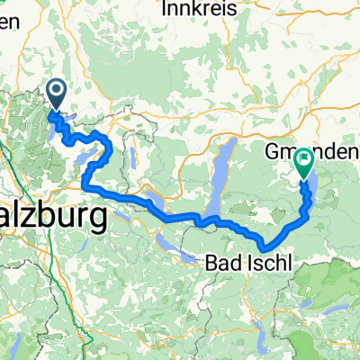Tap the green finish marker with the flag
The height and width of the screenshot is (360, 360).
point(302,161)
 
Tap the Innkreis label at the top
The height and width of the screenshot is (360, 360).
point(199,7)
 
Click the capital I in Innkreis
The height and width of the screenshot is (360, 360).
point(166,7)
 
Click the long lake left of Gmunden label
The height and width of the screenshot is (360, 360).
point(219,175)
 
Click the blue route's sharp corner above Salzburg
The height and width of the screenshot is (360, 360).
point(85,184)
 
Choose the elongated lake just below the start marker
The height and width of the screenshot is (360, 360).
point(56,118)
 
